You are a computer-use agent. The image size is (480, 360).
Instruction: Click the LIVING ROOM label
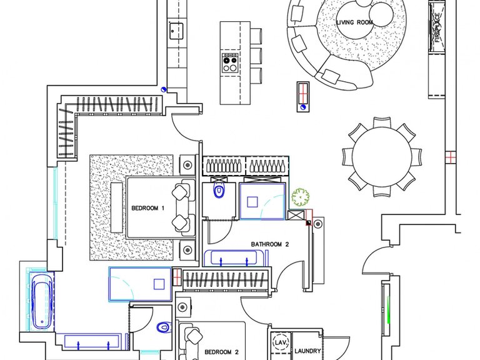click(355, 22)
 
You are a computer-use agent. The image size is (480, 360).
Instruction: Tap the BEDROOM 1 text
click(148, 208)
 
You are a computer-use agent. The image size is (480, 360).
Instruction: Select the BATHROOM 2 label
click(270, 244)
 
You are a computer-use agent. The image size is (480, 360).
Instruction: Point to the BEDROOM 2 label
click(221, 352)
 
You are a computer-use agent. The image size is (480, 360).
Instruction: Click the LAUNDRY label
click(307, 351)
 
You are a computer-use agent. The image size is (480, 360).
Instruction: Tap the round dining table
click(382, 156)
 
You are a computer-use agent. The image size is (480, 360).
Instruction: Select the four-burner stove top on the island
click(230, 62)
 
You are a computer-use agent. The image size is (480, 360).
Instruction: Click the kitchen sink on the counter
click(176, 31)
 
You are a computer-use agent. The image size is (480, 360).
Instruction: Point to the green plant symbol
click(300, 197)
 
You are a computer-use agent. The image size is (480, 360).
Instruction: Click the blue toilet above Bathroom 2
click(219, 191)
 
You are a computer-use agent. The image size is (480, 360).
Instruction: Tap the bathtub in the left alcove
click(42, 301)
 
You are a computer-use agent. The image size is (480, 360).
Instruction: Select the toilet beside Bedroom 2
click(164, 327)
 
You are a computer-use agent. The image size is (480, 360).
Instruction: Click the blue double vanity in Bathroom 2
click(234, 258)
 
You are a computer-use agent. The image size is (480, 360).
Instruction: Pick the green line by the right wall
click(389, 309)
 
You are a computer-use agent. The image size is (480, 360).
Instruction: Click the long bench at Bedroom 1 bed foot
click(117, 207)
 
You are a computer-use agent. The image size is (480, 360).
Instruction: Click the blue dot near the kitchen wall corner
click(164, 89)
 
